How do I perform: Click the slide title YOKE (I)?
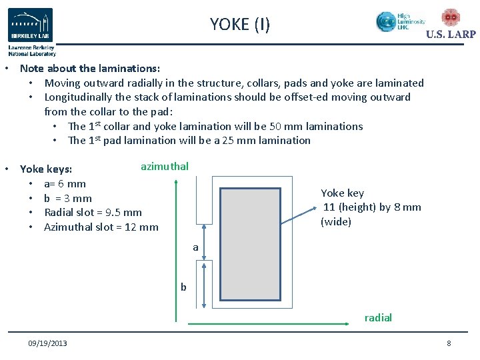(x=240, y=25)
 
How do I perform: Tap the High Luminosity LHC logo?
(x=400, y=21)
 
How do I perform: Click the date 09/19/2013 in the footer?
(x=47, y=343)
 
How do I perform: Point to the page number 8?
(x=449, y=343)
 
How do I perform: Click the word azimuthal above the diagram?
(x=165, y=166)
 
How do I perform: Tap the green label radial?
(x=378, y=318)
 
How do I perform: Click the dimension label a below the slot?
(x=195, y=247)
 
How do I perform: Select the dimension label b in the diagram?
(x=183, y=287)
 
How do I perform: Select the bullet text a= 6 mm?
(x=65, y=183)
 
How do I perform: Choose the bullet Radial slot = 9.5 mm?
(x=93, y=213)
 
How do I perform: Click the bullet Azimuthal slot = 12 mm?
(x=101, y=227)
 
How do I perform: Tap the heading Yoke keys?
(x=46, y=169)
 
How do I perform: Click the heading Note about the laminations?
(x=90, y=69)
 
